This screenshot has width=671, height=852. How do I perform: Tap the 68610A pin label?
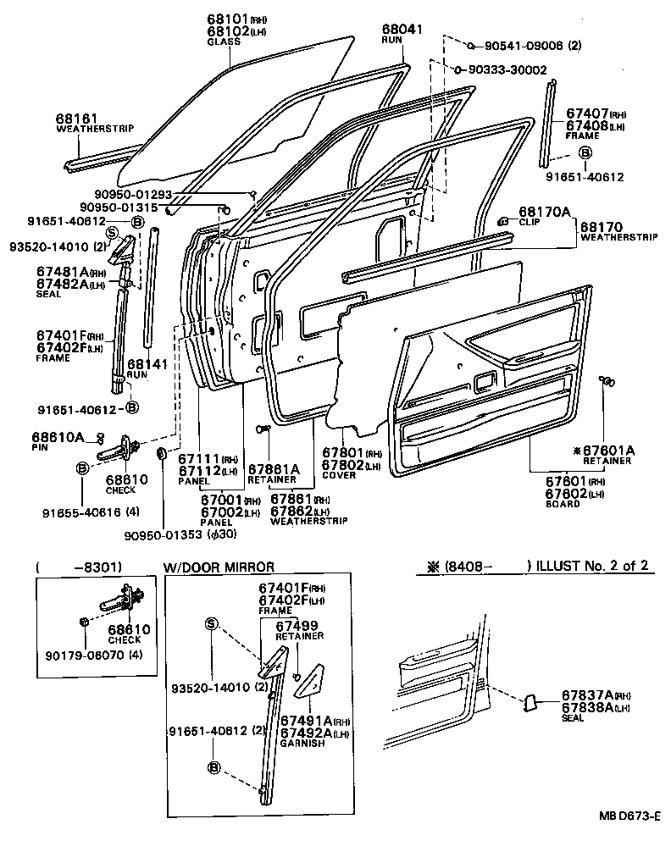coord(58,436)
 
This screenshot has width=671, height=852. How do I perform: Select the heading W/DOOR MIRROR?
coord(218,567)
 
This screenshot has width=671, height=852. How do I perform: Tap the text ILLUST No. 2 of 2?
coord(596,566)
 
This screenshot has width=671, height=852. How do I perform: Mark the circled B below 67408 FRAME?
coord(585,152)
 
